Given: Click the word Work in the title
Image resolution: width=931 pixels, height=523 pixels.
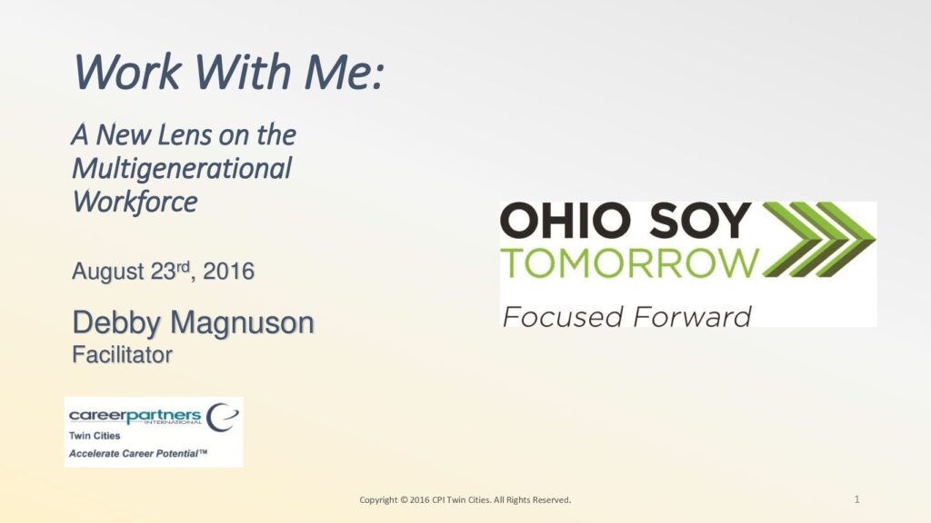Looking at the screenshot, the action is pos(127,72).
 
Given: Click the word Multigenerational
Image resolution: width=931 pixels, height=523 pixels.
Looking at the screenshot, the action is pos(182,169).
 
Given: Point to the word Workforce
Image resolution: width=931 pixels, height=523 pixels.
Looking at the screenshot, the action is pos(135,202).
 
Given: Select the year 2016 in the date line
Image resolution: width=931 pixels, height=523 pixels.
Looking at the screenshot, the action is pos(228,271).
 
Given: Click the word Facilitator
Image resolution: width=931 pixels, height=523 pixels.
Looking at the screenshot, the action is pos(123,355).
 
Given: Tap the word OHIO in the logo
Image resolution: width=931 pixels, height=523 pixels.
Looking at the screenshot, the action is pos(566,220).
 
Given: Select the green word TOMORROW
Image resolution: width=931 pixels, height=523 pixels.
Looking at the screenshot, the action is pos(630,263).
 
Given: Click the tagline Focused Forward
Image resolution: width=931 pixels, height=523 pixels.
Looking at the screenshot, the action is pos(626,316).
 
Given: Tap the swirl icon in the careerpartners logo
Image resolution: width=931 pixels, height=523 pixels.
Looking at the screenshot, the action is pos(222,418).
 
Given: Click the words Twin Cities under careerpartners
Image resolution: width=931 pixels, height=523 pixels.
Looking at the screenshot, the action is pos(95,436).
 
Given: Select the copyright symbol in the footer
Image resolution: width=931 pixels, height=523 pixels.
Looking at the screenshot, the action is pos(405,500).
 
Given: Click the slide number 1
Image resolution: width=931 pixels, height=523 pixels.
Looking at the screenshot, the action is pos(856,499).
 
